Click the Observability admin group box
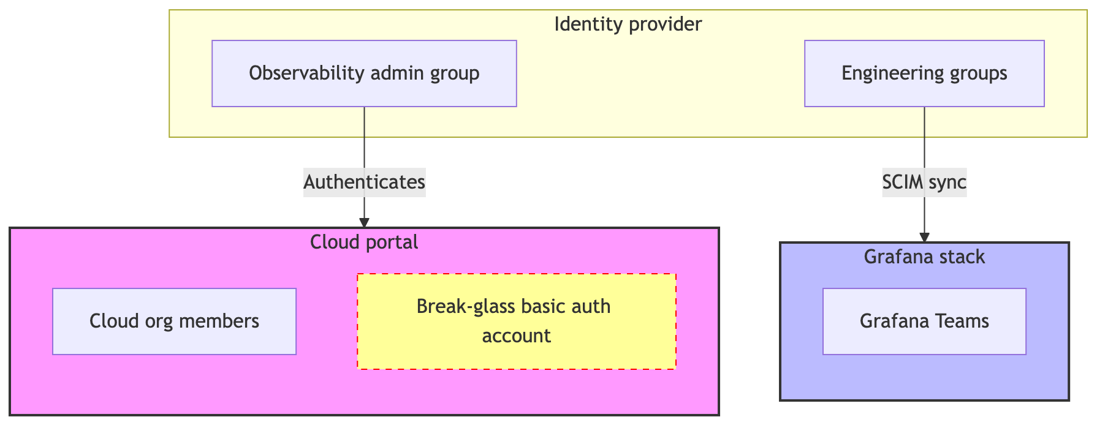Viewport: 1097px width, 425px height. (x=364, y=73)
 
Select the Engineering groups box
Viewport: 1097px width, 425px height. (x=924, y=73)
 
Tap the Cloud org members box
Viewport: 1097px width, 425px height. (x=174, y=322)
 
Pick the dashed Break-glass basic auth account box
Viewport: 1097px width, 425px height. (x=516, y=322)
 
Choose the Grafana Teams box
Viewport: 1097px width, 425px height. (x=924, y=322)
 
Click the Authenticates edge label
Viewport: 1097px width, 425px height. (x=364, y=182)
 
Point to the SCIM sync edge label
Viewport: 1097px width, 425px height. (x=924, y=182)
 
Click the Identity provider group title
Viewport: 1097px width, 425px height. (x=628, y=24)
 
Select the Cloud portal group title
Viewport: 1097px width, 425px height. (x=364, y=243)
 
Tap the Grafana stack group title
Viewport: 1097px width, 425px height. (x=924, y=257)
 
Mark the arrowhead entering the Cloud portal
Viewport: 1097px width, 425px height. (x=364, y=223)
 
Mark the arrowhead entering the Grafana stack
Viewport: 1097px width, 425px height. (x=924, y=238)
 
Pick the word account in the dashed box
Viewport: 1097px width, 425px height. (x=516, y=336)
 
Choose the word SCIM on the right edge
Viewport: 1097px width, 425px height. (x=903, y=182)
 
